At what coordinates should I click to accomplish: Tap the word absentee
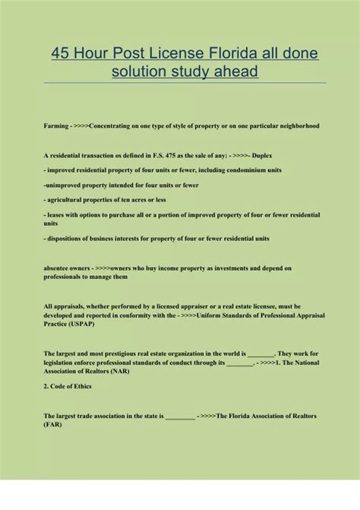(59, 268)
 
